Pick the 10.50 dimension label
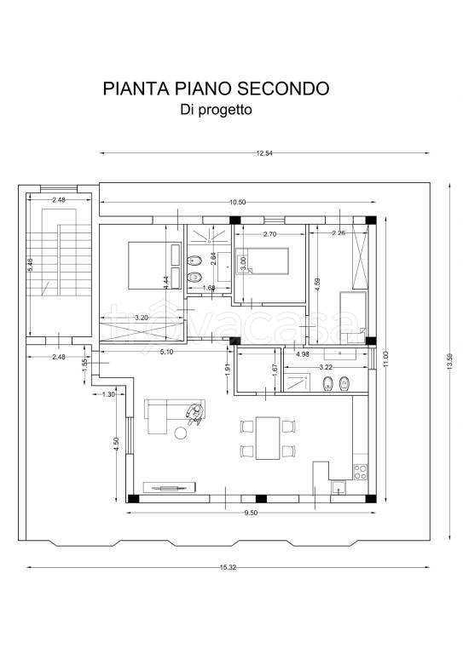[238, 202]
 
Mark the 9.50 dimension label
[251, 513]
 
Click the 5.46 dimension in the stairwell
[32, 266]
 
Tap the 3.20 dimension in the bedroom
[142, 318]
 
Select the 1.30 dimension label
[108, 394]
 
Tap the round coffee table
[181, 433]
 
